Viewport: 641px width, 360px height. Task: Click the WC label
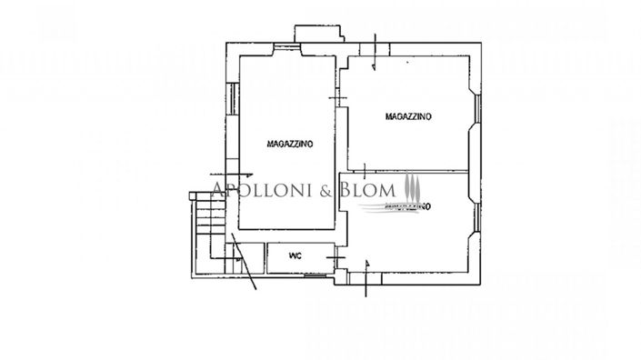point(295,256)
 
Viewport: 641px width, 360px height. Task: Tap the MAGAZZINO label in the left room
point(290,144)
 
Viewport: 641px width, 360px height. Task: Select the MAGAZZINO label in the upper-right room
point(408,116)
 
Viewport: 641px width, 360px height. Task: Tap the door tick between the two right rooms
point(364,170)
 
